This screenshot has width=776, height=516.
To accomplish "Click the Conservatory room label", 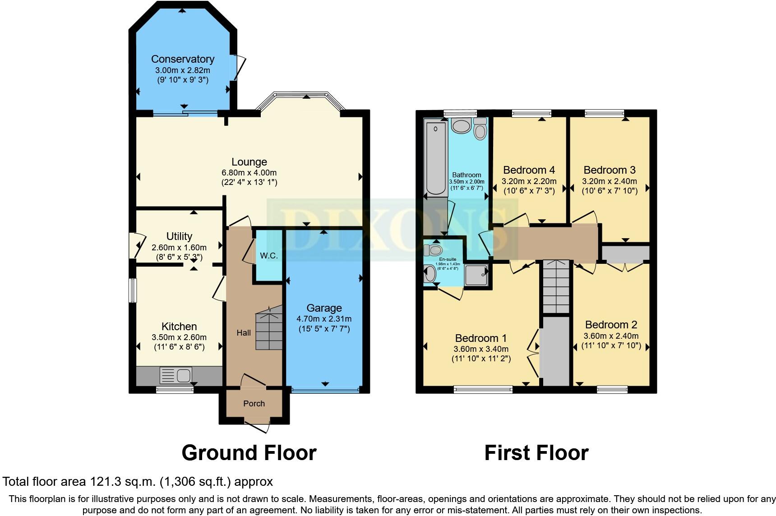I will [x=182, y=59].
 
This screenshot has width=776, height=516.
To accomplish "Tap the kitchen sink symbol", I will [x=176, y=375].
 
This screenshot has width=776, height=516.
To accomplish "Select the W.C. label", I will [x=268, y=256].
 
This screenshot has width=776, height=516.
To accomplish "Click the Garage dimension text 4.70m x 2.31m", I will [x=323, y=319].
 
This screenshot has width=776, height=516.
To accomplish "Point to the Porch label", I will [x=254, y=404].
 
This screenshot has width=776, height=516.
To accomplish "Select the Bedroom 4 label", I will [x=529, y=170].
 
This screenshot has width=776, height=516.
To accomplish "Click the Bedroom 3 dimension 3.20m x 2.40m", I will [x=610, y=181].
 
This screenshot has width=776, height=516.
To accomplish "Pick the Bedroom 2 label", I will [x=611, y=325].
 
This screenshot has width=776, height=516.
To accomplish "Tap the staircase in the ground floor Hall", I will [x=269, y=328].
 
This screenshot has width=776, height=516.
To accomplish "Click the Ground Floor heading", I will [x=249, y=452].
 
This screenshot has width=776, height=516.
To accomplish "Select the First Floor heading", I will [x=536, y=452].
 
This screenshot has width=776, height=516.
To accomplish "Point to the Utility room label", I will [x=179, y=236].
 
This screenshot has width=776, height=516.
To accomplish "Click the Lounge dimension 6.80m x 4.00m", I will [x=249, y=173].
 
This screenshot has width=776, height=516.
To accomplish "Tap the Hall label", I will [x=244, y=333].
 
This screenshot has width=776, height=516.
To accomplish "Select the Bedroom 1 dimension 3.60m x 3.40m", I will [x=481, y=349].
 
